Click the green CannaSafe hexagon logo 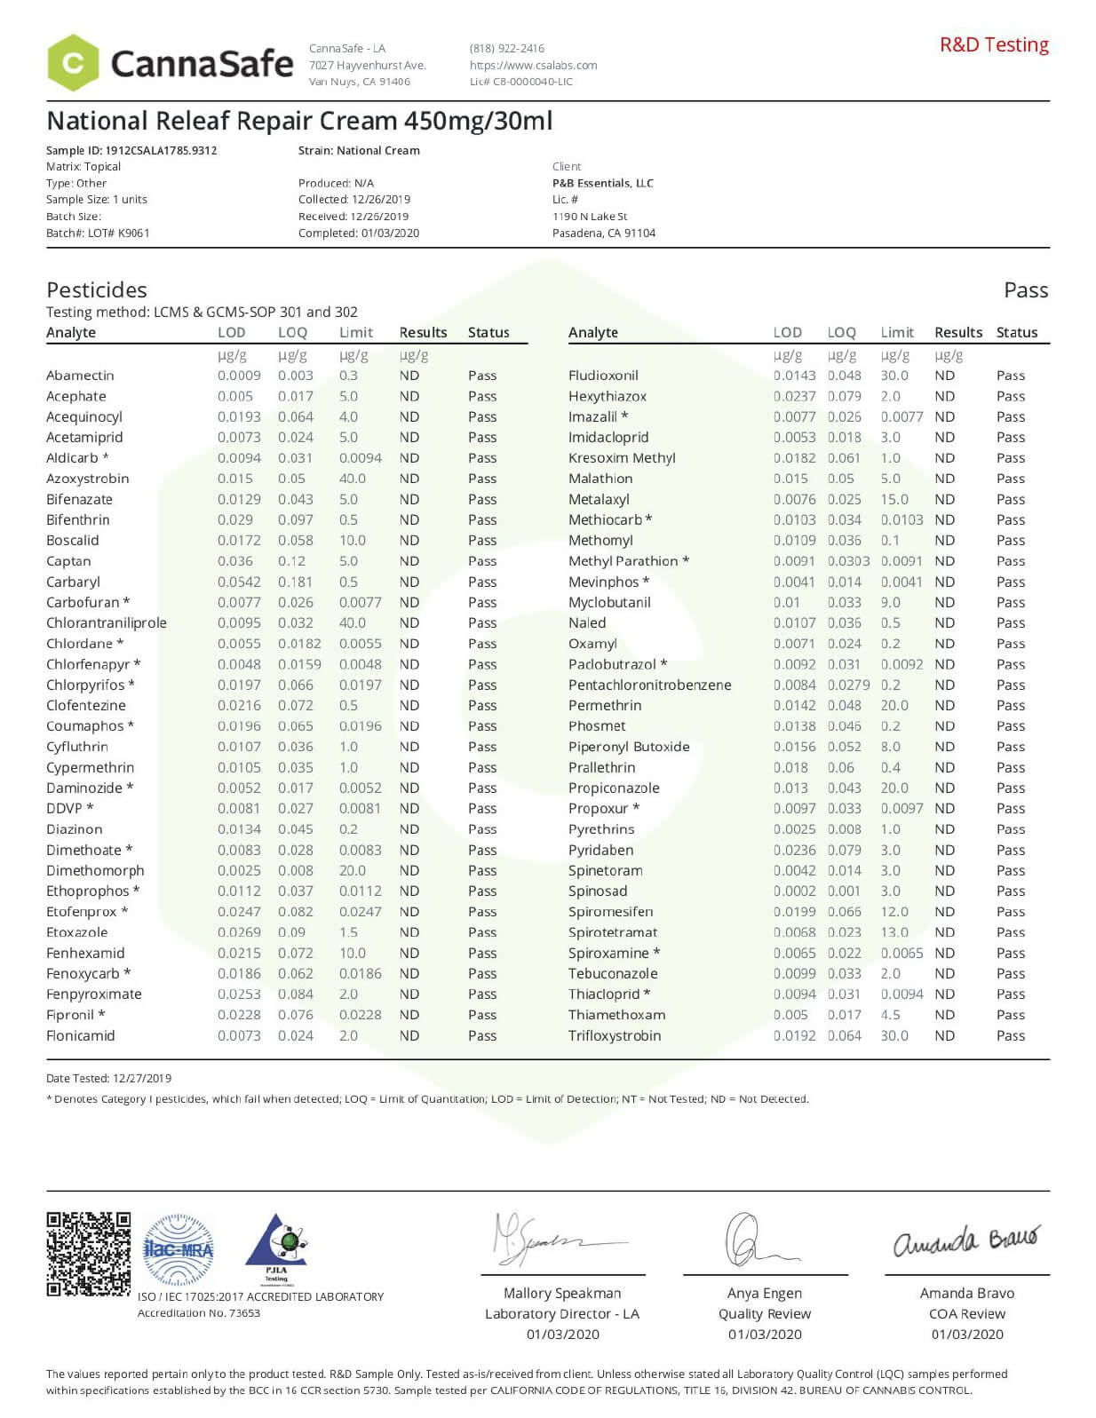73,63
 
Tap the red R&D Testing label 994,44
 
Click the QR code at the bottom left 88,1253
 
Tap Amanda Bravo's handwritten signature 965,1240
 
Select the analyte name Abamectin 80,376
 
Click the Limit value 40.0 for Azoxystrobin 352,479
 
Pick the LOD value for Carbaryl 239,582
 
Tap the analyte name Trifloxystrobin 615,1035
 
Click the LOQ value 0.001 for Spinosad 844,891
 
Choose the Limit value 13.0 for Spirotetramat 894,932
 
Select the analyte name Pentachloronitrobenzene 649,685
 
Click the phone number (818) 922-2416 506,48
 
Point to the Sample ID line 131,150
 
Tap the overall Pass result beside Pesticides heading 1025,290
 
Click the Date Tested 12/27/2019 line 108,1078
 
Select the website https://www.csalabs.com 533,65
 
